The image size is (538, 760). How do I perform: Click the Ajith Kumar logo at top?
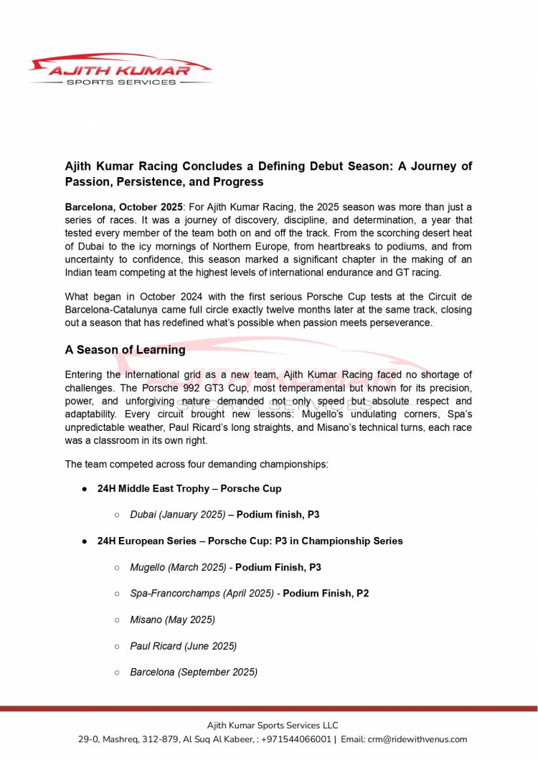(120, 70)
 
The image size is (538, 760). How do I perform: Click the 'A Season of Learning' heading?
(125, 350)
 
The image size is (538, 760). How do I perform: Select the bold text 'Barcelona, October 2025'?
(124, 206)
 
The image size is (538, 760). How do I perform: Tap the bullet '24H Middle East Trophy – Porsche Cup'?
(189, 488)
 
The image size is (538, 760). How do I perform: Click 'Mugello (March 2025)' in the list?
(178, 567)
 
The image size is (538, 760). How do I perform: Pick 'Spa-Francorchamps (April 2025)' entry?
(202, 594)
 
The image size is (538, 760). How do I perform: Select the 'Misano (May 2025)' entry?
(172, 619)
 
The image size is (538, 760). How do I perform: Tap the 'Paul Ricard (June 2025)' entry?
(183, 646)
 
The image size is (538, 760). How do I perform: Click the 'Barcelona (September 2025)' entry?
(194, 672)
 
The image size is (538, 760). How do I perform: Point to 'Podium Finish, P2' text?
(326, 594)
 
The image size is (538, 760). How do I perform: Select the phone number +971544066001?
(301, 739)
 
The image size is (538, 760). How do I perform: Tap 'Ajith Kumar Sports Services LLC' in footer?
(273, 726)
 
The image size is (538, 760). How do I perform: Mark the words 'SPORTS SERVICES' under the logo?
(120, 82)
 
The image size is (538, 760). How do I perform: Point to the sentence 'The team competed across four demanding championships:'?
(197, 464)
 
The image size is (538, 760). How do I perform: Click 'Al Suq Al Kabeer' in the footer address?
(216, 739)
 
